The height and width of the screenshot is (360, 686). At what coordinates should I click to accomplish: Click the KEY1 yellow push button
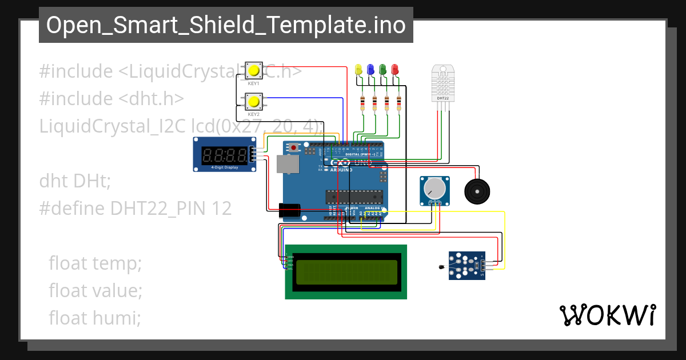click(x=254, y=71)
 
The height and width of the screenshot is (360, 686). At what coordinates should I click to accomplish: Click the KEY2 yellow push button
click(x=254, y=102)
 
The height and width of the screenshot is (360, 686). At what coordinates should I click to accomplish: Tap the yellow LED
click(x=358, y=69)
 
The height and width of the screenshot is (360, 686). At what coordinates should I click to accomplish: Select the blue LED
click(x=370, y=69)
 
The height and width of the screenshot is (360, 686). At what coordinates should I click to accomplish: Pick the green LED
click(x=382, y=69)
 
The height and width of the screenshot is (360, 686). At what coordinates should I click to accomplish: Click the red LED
click(x=394, y=69)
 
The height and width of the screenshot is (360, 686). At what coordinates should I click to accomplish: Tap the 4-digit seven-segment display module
click(x=224, y=155)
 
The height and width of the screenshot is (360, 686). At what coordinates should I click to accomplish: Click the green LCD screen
click(x=346, y=272)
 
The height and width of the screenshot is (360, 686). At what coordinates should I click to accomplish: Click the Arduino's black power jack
click(x=290, y=211)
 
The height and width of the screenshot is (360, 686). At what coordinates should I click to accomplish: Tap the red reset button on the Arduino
click(x=294, y=148)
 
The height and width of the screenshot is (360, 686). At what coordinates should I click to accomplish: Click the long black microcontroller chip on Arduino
click(x=353, y=196)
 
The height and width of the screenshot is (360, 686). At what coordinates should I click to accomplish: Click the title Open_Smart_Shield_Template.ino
click(x=226, y=26)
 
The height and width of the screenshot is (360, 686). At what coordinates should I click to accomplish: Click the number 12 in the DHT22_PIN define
click(x=221, y=209)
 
